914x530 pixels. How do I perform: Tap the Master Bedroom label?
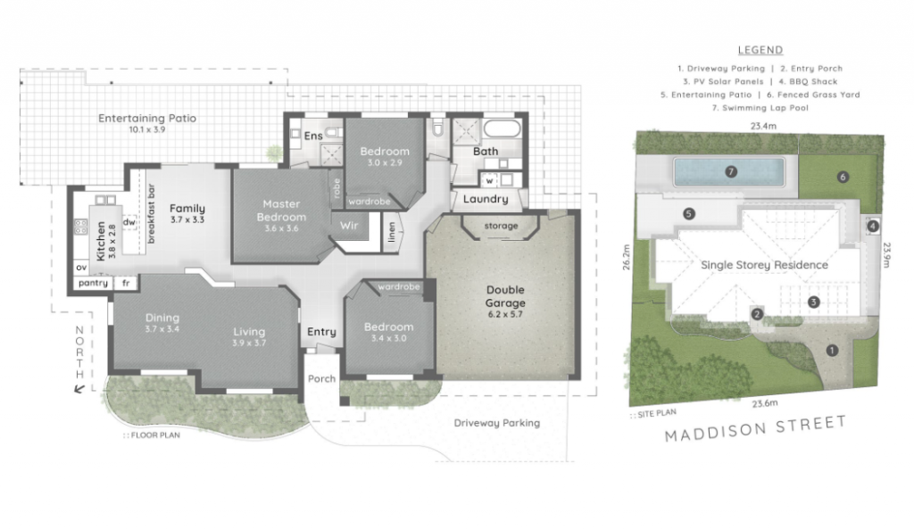tap(284, 211)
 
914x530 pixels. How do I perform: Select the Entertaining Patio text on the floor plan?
tap(147, 119)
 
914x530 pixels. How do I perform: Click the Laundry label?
tap(486, 199)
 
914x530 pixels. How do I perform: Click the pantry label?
tap(92, 284)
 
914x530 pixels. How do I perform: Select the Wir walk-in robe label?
tap(349, 226)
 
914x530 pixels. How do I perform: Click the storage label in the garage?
tap(501, 227)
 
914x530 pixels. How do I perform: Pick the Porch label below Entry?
tap(321, 378)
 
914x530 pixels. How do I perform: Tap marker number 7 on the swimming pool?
tap(730, 171)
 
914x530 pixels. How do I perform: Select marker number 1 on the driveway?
tap(832, 350)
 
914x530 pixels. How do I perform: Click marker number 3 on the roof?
tap(814, 302)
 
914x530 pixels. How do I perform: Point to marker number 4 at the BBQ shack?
tap(872, 227)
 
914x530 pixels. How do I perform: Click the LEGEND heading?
tap(760, 50)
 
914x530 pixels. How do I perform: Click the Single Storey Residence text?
tap(764, 265)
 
